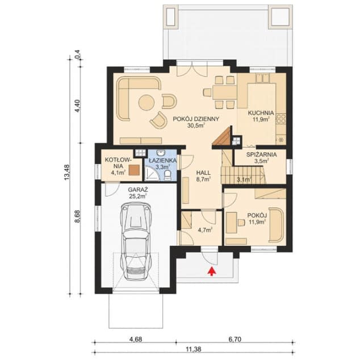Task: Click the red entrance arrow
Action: tap(211, 271)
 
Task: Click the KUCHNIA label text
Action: tap(261, 113)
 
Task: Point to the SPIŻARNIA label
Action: tap(262, 154)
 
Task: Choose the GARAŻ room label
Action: tap(137, 189)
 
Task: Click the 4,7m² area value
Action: tap(204, 230)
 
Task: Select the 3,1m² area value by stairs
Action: tap(243, 181)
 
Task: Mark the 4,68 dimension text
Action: tap(135, 339)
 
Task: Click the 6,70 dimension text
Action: tap(235, 339)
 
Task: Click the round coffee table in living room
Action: tap(146, 103)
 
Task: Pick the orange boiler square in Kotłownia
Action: tap(134, 169)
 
